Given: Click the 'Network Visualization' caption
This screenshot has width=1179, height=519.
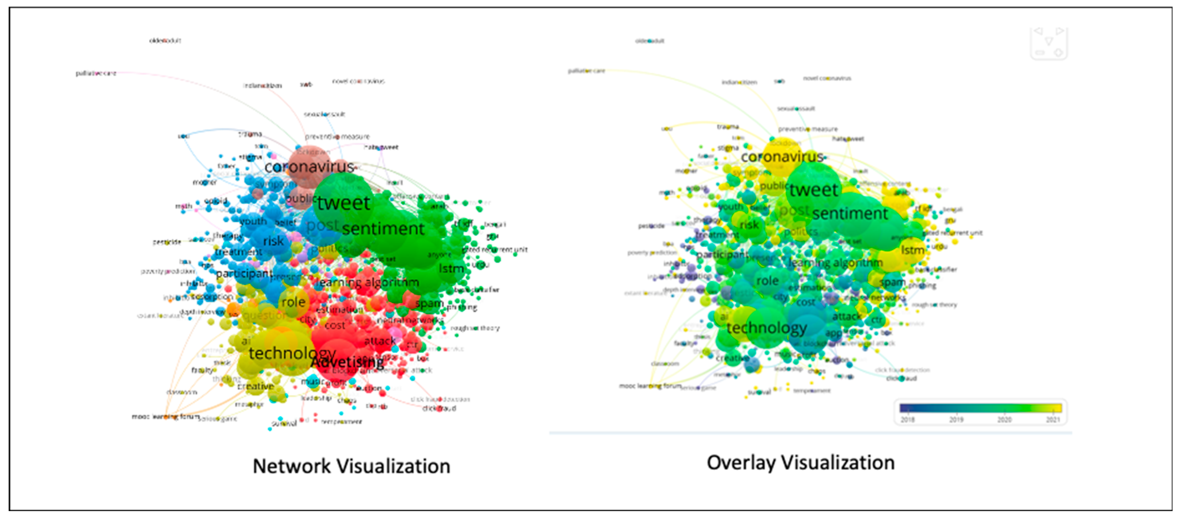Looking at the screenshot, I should point(351,466).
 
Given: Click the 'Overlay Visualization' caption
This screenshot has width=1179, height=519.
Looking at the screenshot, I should point(800,462).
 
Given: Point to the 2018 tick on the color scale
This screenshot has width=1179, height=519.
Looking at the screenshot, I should point(907,419).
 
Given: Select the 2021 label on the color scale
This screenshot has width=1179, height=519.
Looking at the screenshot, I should point(1053,419).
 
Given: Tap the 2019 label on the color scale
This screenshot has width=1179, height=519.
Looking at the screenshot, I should point(956,419).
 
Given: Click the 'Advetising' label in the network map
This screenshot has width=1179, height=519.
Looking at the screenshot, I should point(347,362).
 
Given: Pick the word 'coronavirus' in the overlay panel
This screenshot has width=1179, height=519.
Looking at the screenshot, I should point(782,157).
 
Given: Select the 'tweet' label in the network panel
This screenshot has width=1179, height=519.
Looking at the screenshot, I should point(343,203).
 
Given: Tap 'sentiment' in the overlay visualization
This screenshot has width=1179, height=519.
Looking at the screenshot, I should point(849,213).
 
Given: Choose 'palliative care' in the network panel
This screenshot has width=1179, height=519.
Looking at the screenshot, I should point(96,73).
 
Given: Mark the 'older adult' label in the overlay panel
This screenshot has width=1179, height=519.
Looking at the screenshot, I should point(649,41).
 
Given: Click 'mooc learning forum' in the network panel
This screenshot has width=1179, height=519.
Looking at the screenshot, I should point(165,417).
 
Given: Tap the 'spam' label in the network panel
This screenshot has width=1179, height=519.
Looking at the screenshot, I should point(429,303).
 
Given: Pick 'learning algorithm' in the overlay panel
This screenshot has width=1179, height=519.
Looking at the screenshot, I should point(835,262).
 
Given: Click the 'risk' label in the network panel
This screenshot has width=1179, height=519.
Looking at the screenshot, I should point(273,241).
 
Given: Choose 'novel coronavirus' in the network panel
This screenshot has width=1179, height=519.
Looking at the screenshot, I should point(358,81).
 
